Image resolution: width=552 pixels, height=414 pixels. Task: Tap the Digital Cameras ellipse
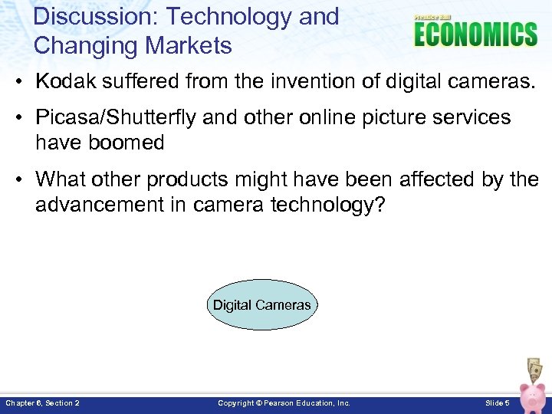(262, 305)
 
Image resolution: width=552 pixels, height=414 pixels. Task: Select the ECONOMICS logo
(475, 34)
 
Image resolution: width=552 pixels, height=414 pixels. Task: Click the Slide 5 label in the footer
(497, 403)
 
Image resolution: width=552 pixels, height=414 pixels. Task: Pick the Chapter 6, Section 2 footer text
(42, 403)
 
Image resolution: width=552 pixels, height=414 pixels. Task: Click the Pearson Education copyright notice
(284, 403)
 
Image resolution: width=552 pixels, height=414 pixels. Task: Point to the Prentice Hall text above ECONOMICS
(434, 17)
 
